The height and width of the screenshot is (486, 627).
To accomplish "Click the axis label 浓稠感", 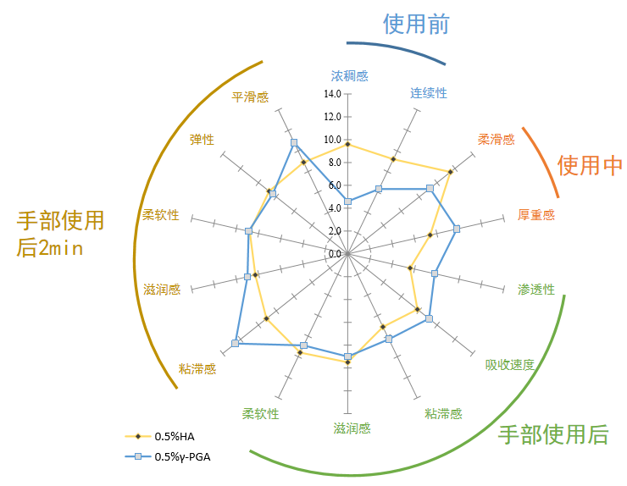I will pyautogui.click(x=349, y=75).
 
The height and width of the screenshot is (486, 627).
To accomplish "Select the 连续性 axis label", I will pyautogui.click(x=429, y=92).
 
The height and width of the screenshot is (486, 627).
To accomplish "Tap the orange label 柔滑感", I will pyautogui.click(x=496, y=140).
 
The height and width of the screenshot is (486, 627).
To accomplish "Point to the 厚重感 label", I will pyautogui.click(x=536, y=215).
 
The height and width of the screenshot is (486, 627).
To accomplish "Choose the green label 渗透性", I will pyautogui.click(x=536, y=290).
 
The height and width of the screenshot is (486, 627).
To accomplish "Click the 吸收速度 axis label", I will pyautogui.click(x=510, y=365).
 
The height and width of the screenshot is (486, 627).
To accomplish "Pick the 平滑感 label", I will pyautogui.click(x=250, y=97).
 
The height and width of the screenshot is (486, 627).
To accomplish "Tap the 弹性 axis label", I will pyautogui.click(x=202, y=140).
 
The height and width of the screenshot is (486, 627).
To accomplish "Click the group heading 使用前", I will pyautogui.click(x=416, y=23).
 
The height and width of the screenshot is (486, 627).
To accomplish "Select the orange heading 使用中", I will pyautogui.click(x=590, y=165).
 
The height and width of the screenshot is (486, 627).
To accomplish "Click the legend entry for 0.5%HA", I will pyautogui.click(x=175, y=436).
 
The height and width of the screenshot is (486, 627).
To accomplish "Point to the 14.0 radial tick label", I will pyautogui.click(x=332, y=94).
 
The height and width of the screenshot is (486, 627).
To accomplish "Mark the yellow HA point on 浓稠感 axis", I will pyautogui.click(x=347, y=145).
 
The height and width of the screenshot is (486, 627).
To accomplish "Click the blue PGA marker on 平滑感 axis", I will pyautogui.click(x=294, y=142).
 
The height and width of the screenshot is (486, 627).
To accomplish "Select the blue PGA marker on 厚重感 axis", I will pyautogui.click(x=457, y=229).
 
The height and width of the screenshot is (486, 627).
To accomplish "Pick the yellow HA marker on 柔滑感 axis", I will pyautogui.click(x=450, y=172).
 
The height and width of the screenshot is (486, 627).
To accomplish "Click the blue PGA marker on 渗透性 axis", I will pyautogui.click(x=435, y=273).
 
